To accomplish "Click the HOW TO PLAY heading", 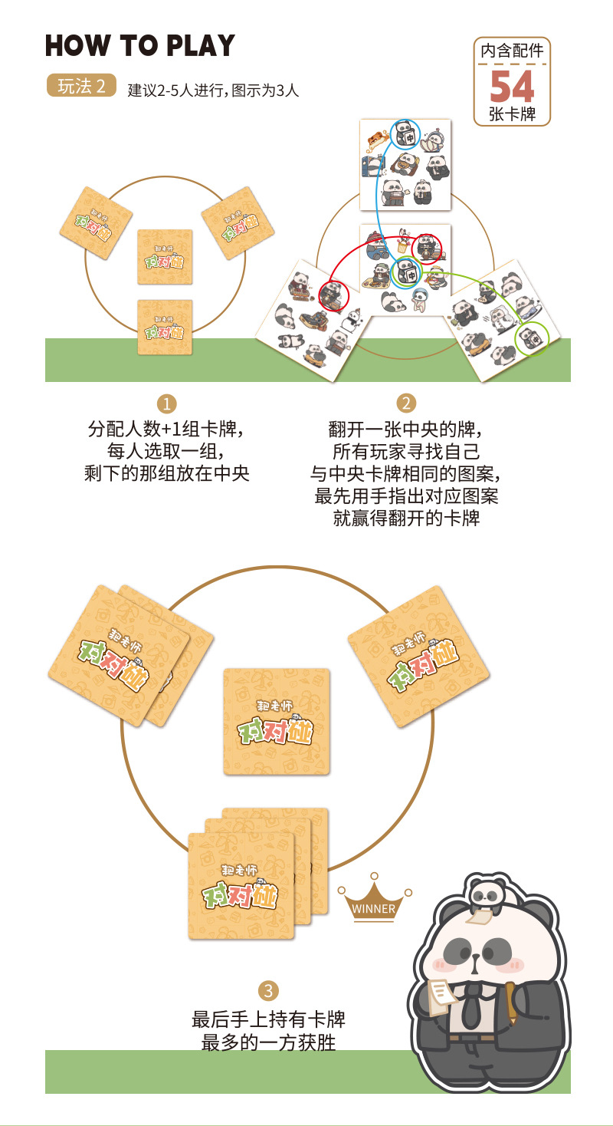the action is click(x=139, y=46).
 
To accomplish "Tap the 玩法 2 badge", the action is click(x=81, y=86).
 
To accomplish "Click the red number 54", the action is click(x=512, y=87).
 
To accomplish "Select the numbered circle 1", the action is click(x=166, y=403).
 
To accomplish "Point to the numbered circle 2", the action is click(x=405, y=403).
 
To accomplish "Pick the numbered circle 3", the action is click(x=267, y=990).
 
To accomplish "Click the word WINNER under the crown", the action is click(x=374, y=909).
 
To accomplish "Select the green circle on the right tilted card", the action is click(x=532, y=338).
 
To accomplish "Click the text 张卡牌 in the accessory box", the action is click(x=512, y=115).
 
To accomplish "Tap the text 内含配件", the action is click(x=512, y=52).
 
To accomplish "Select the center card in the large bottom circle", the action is click(x=277, y=721).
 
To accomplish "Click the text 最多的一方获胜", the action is click(x=268, y=1043).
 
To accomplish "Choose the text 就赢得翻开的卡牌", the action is click(x=406, y=518).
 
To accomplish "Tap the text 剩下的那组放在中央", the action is click(x=167, y=473).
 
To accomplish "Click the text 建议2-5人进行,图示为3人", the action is click(x=213, y=91).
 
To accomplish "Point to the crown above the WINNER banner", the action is click(x=374, y=890).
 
